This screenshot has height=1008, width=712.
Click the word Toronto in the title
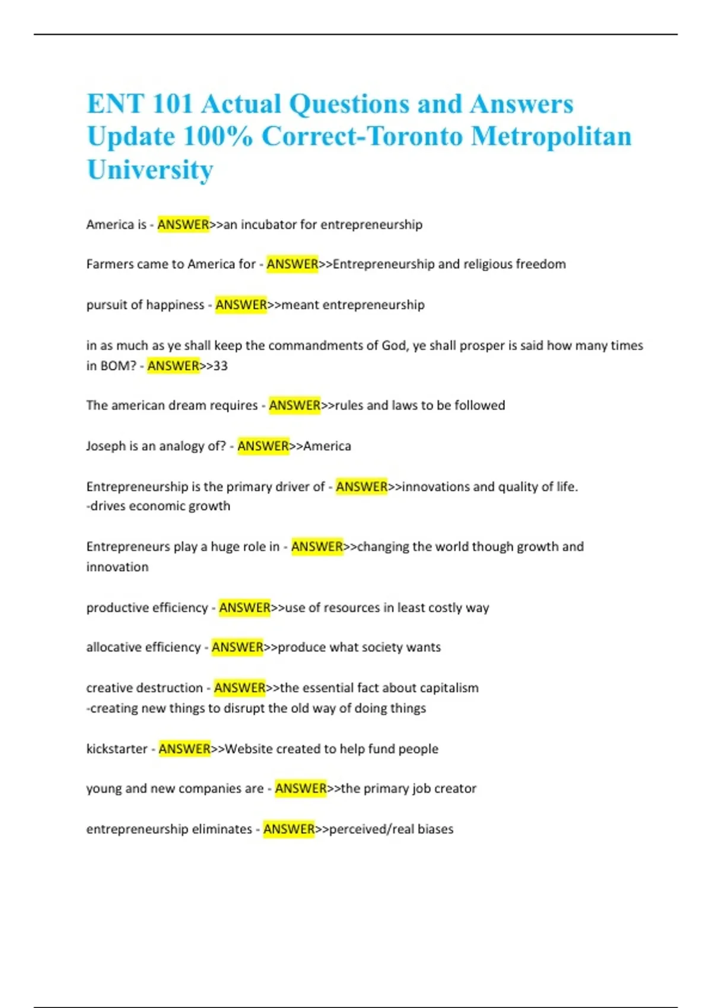coord(415,136)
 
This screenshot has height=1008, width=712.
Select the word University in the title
coord(150,170)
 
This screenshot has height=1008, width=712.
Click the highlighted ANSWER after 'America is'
coord(183,225)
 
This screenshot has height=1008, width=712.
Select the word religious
coord(483,264)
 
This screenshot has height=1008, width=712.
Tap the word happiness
coord(175,305)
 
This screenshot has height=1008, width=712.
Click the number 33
coord(221,366)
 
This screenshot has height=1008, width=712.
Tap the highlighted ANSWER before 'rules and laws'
coord(295,406)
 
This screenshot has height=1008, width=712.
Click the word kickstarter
coord(116,749)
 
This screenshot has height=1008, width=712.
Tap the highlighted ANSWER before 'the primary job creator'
coord(301,789)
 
